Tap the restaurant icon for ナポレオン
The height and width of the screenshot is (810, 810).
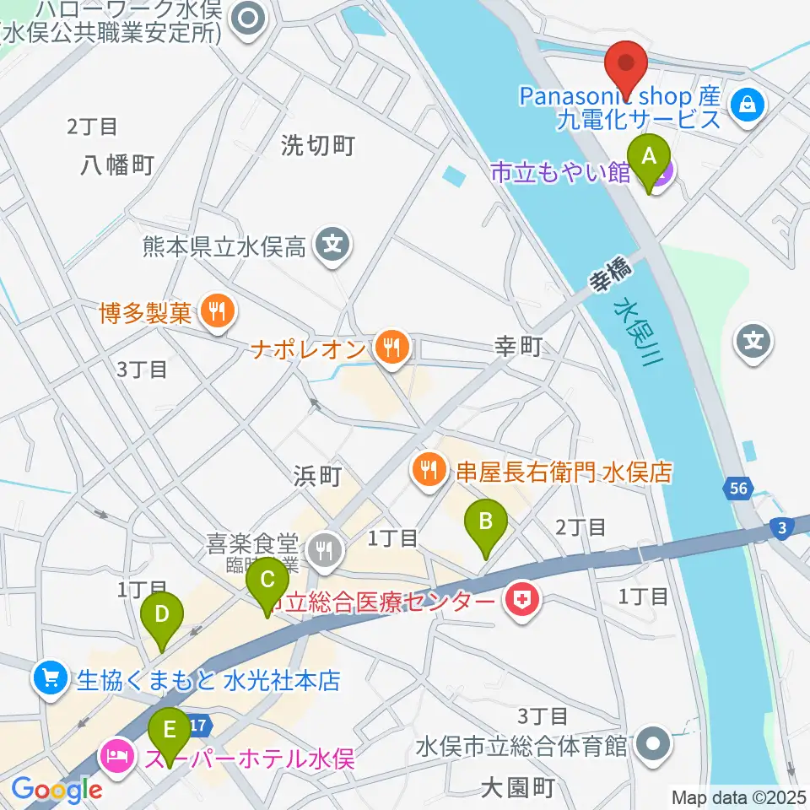click(x=391, y=346)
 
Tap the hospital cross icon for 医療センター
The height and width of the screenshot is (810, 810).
click(x=521, y=602)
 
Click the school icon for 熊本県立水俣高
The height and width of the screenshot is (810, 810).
click(x=333, y=246)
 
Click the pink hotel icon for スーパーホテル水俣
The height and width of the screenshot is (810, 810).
click(x=116, y=753)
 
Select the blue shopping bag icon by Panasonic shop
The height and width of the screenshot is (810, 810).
click(x=748, y=105)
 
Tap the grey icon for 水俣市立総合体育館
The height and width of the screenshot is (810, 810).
click(x=652, y=745)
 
